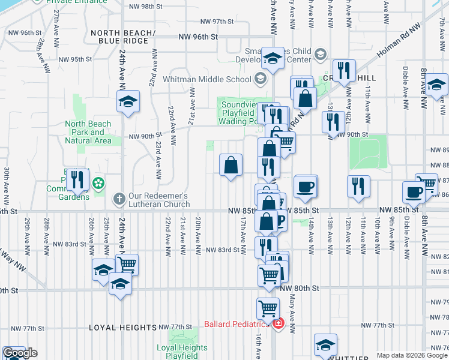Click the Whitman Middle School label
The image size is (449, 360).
coord(208,79)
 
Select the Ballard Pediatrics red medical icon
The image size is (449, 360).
coord(278,325)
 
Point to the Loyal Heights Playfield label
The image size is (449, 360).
coord(182,349)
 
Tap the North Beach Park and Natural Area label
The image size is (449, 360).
coord(88,132)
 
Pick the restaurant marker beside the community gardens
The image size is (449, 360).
coord(77,178)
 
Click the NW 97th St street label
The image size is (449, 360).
coord(214,22)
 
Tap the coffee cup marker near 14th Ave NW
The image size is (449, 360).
coord(306,185)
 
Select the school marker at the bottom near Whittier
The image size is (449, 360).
coord(325,343)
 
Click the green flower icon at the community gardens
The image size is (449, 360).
coord(100,182)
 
